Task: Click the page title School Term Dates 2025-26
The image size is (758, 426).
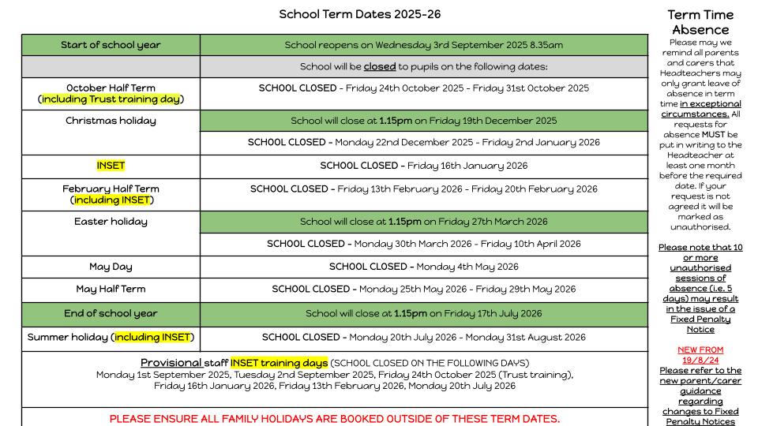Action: (x=360, y=14)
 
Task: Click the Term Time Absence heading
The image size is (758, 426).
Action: (x=700, y=22)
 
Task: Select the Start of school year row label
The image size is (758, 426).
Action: (x=111, y=45)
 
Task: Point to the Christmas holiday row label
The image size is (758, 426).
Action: (x=111, y=121)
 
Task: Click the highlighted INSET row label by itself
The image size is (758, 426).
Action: (x=111, y=166)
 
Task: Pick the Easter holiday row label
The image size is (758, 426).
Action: (x=111, y=222)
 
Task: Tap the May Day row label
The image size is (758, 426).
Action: (x=111, y=267)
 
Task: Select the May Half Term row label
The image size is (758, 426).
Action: (x=111, y=289)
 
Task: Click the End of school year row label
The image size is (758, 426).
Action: (x=111, y=313)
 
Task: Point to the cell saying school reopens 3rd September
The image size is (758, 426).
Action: (x=424, y=45)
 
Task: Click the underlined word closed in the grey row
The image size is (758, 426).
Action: (x=380, y=67)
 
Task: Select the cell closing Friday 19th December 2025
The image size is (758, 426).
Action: (x=424, y=121)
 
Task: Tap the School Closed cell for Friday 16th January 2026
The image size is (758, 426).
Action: (x=424, y=166)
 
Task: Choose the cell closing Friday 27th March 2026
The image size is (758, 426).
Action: (x=424, y=222)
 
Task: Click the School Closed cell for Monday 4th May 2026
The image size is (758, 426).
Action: (x=424, y=267)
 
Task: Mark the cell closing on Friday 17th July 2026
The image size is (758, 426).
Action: (x=424, y=313)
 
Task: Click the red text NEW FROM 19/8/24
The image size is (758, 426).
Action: (x=700, y=355)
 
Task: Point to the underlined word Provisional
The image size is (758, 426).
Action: (x=172, y=363)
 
